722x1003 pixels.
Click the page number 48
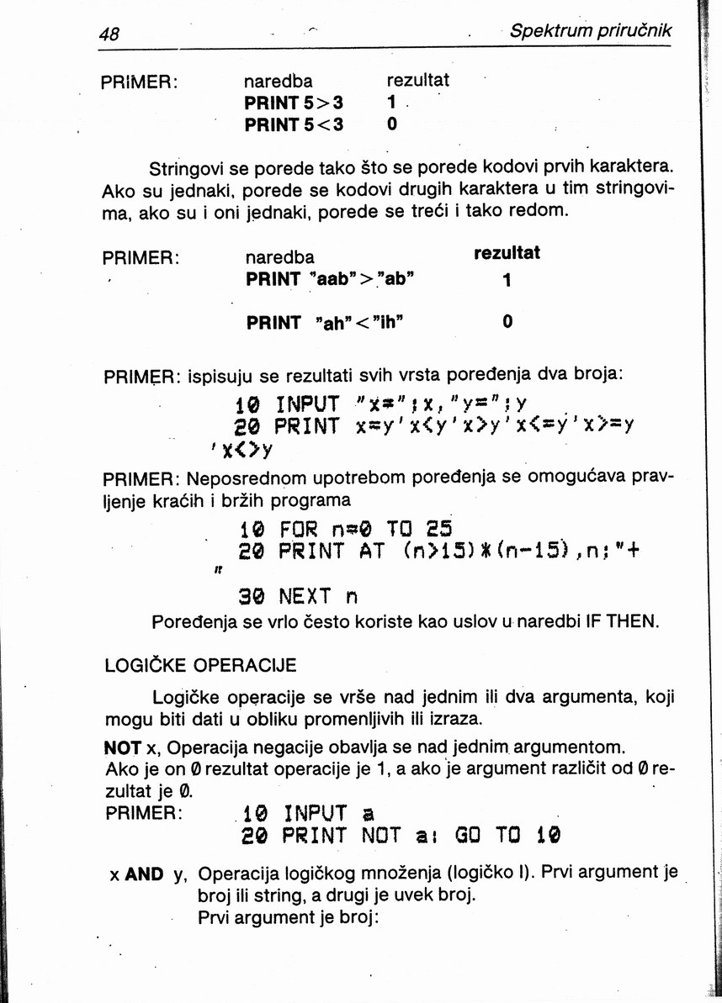tap(109, 34)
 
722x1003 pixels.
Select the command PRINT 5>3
tap(294, 103)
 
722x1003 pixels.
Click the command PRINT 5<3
tap(294, 124)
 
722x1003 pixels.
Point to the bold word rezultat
tap(507, 253)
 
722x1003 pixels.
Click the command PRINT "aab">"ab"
tap(328, 279)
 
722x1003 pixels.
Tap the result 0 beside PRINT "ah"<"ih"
tap(507, 322)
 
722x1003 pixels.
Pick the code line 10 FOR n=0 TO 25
tap(346, 530)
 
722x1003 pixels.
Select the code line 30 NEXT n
tap(298, 597)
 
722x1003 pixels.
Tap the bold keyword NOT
tap(123, 747)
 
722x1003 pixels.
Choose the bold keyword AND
tap(144, 874)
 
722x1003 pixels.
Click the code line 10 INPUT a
tap(308, 814)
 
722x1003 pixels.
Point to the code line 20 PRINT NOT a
tap(401, 837)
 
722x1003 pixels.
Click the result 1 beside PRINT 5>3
tap(391, 103)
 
